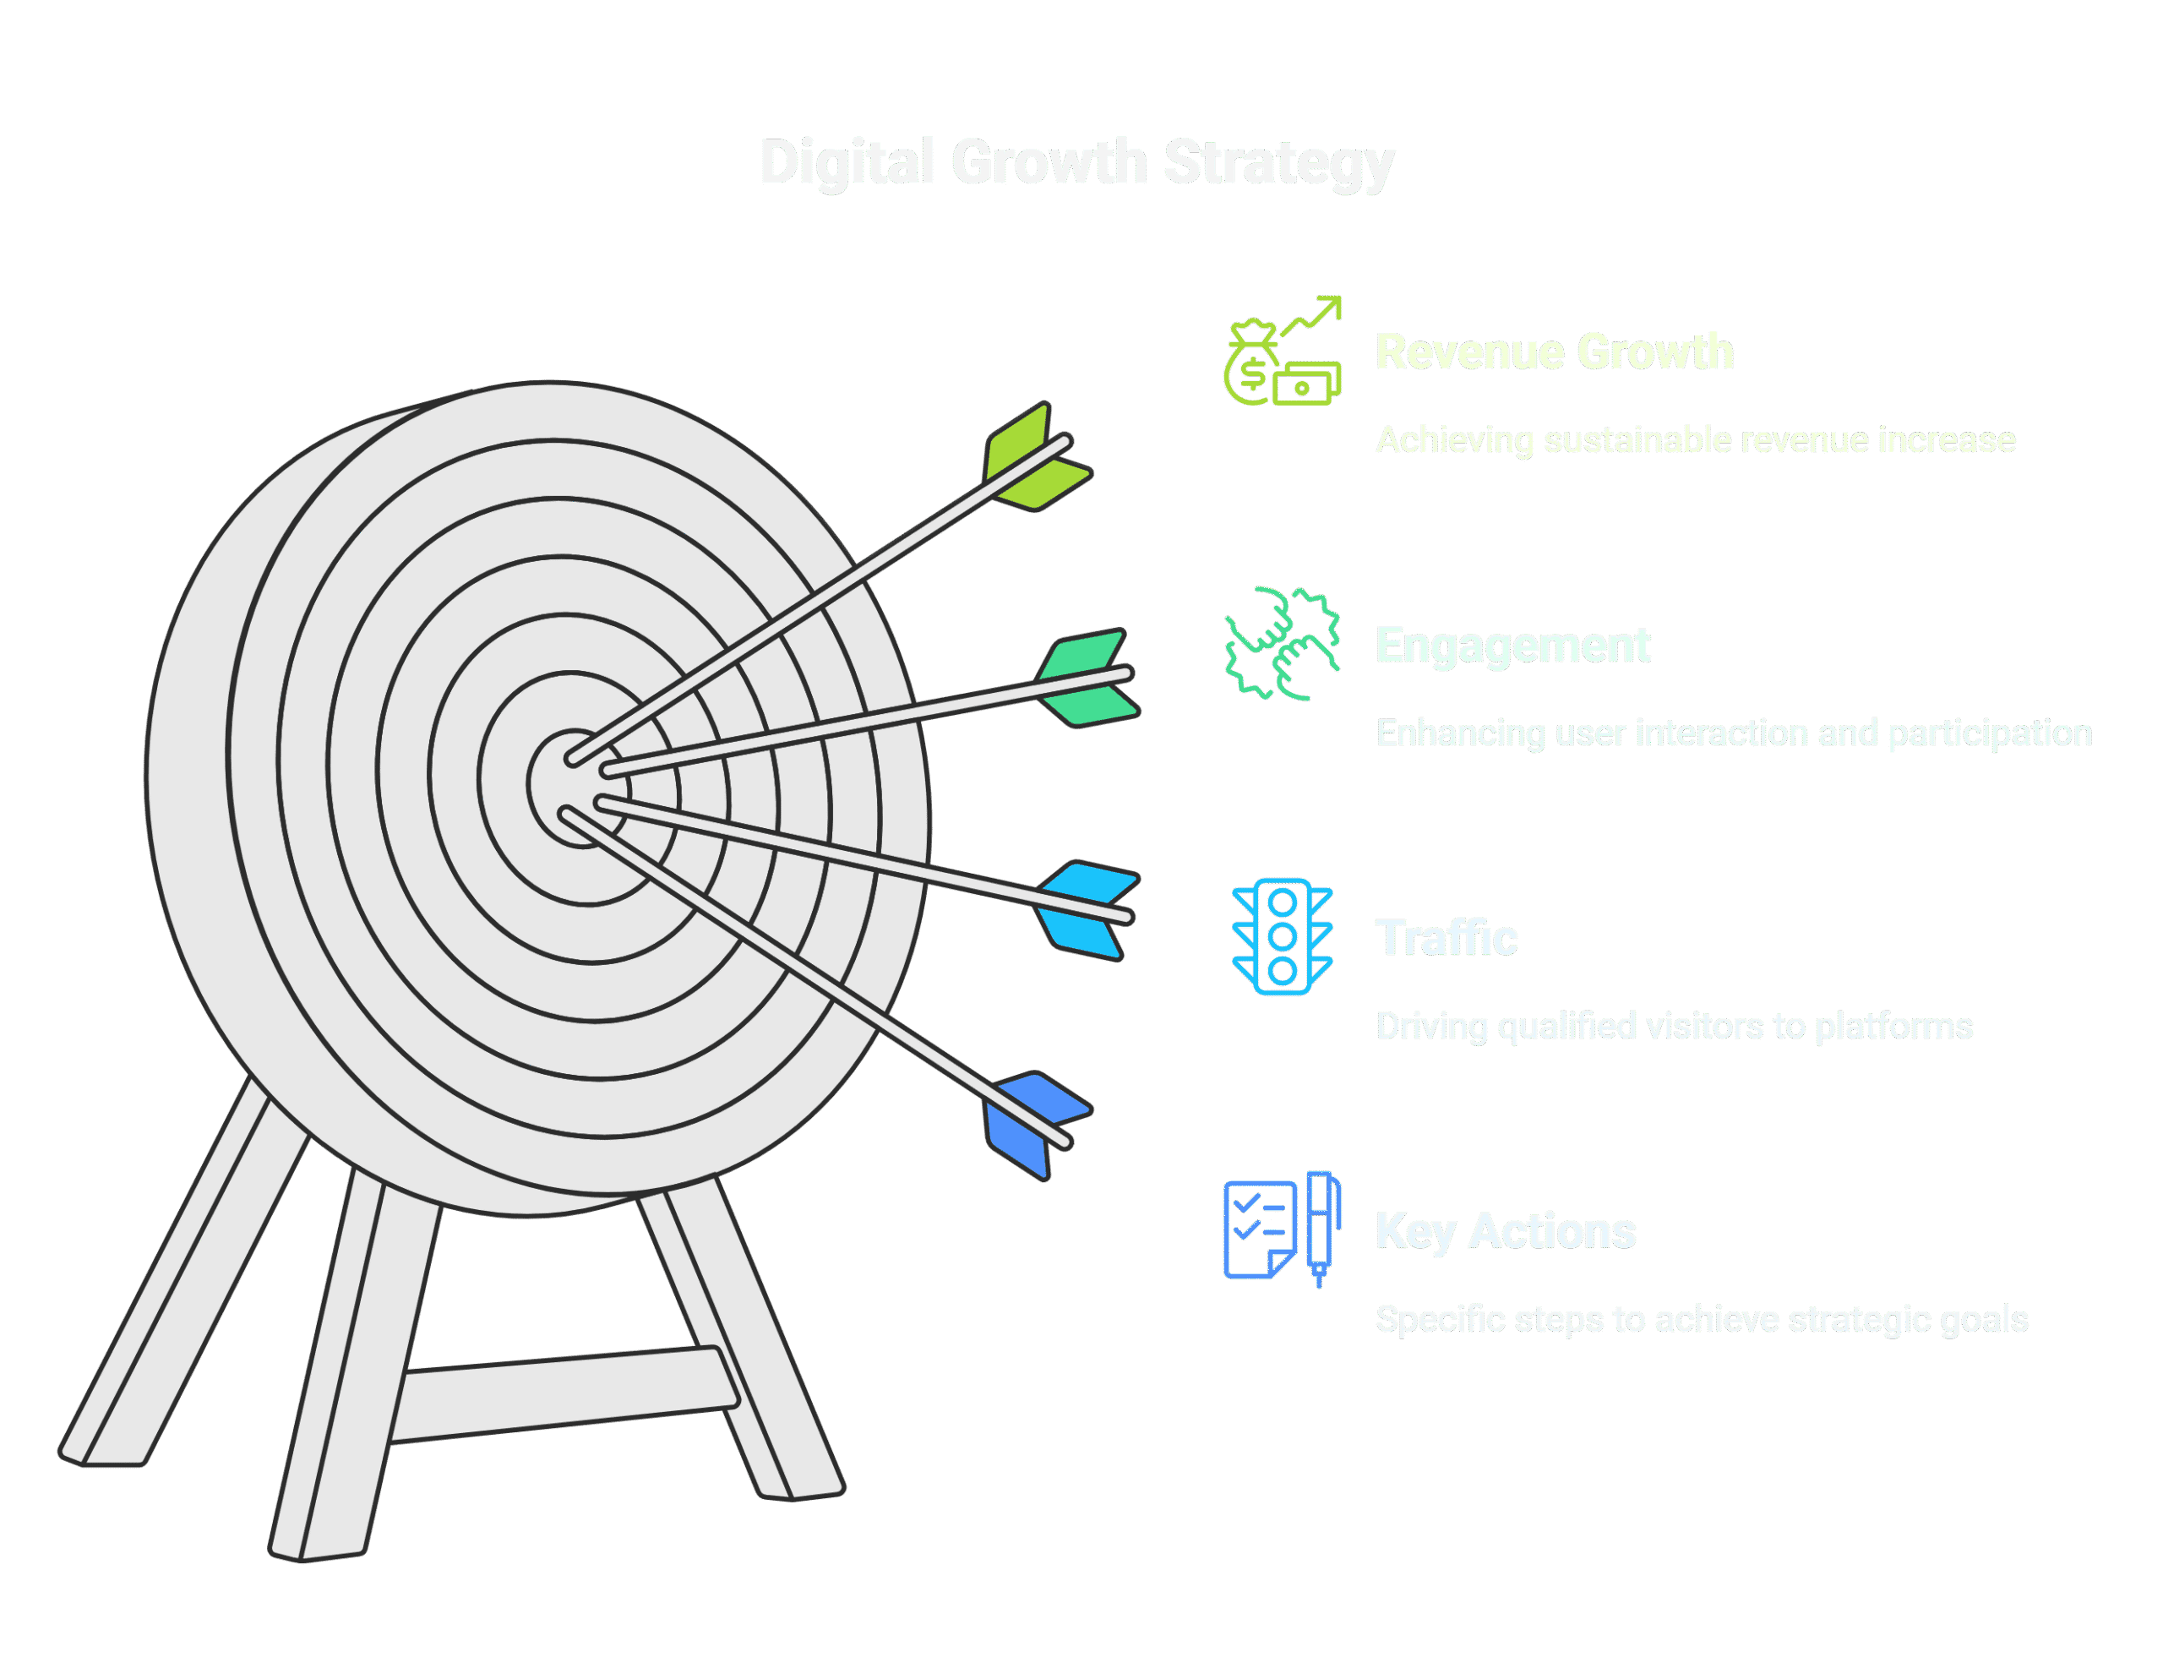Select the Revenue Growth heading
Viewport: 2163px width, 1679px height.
pos(1554,352)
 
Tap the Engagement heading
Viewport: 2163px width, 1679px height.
pos(1512,646)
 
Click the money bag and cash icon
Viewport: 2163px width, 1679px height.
pos(1283,352)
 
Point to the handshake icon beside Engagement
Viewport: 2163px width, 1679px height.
pos(1283,645)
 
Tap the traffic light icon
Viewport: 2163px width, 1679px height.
pos(1283,936)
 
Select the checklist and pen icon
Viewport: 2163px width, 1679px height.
pos(1283,1229)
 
